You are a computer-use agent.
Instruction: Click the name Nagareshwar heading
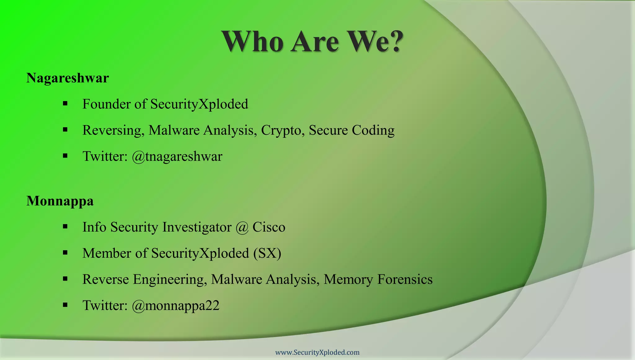pyautogui.click(x=68, y=78)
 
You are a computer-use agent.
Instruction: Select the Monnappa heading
pyautogui.click(x=60, y=201)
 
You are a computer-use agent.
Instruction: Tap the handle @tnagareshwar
pyautogui.click(x=177, y=156)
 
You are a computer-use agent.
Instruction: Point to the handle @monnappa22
pyautogui.click(x=175, y=305)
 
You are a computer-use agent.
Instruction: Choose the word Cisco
pyautogui.click(x=269, y=227)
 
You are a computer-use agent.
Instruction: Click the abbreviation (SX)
pyautogui.click(x=267, y=253)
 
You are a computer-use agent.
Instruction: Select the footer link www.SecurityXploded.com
pyautogui.click(x=317, y=352)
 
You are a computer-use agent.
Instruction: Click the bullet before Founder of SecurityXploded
pyautogui.click(x=65, y=104)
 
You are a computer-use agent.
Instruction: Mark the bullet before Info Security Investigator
pyautogui.click(x=65, y=227)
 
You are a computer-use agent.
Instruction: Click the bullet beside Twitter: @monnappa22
pyautogui.click(x=65, y=305)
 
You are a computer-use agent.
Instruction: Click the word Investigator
pyautogui.click(x=197, y=227)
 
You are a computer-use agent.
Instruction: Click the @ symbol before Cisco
pyautogui.click(x=242, y=227)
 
